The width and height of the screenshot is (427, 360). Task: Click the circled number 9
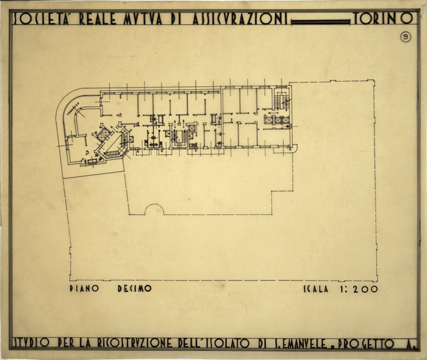coord(406,37)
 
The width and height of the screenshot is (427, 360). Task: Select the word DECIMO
coord(134,289)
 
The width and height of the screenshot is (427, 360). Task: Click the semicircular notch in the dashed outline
coord(154,211)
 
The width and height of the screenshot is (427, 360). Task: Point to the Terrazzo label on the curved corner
coord(75,109)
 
